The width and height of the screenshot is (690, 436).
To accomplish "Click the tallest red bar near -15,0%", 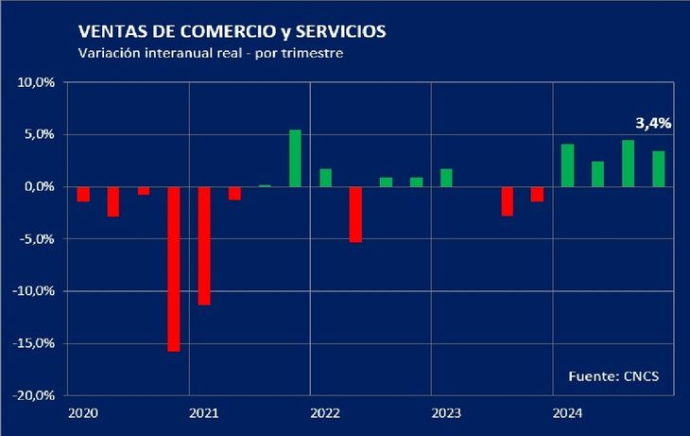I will [174, 269].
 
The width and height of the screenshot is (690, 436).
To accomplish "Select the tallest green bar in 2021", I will [295, 158].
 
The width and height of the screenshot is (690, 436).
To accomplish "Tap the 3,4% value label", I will [652, 123].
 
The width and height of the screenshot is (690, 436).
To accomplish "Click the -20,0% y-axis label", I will [36, 396].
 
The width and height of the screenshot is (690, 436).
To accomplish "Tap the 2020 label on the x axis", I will [82, 413].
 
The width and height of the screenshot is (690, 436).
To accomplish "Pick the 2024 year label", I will [566, 413].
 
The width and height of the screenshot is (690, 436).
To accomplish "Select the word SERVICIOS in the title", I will [338, 32].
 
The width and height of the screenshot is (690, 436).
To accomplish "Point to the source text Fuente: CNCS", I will [613, 376].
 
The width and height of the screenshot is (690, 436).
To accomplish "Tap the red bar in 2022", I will [355, 214].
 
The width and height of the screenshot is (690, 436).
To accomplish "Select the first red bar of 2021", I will [204, 245].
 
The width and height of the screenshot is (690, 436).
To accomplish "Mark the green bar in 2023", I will [446, 177].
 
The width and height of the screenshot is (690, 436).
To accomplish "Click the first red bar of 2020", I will [83, 194].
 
